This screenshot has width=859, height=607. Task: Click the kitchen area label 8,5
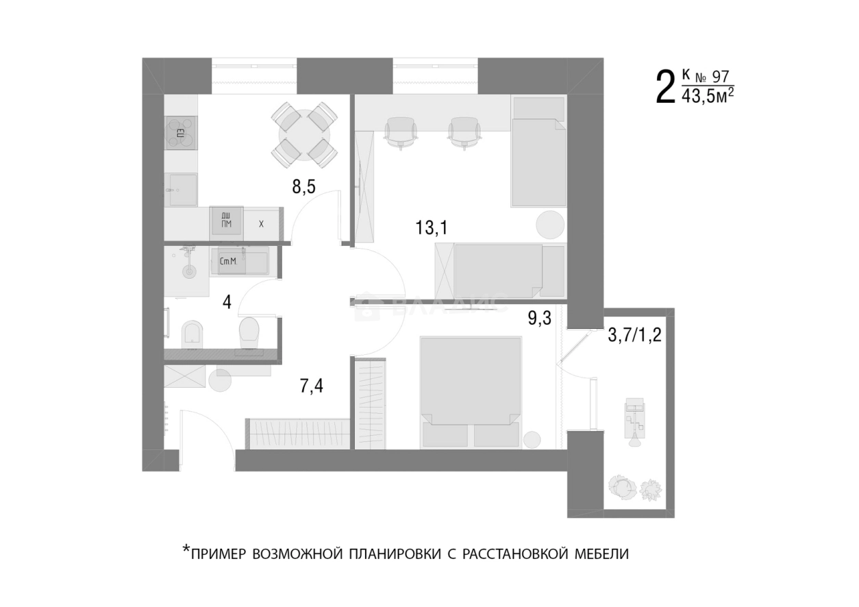[x=303, y=187]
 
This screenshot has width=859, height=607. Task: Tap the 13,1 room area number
[x=431, y=227]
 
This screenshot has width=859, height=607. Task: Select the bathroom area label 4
[x=227, y=302]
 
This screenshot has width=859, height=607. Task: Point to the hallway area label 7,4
[x=311, y=386]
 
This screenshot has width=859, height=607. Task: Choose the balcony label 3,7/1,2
[x=634, y=336]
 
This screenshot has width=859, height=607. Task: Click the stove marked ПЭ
[x=181, y=133]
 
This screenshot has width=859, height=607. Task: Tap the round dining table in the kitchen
[x=303, y=134]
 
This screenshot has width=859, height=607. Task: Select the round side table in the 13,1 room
[x=550, y=224]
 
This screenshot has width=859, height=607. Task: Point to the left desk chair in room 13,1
[x=400, y=132]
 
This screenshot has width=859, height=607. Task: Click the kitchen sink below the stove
[x=183, y=188]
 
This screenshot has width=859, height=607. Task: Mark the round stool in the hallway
[x=221, y=380]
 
